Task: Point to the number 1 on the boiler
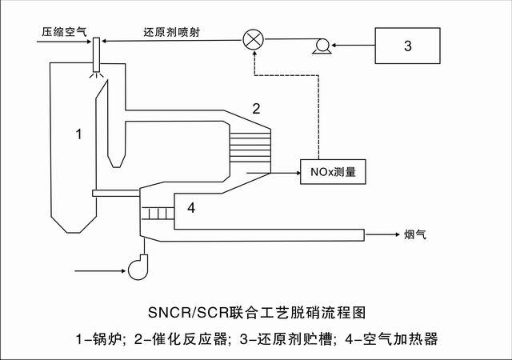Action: click(x=78, y=134)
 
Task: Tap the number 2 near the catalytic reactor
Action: click(x=257, y=107)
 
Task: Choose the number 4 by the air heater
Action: click(x=190, y=209)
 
